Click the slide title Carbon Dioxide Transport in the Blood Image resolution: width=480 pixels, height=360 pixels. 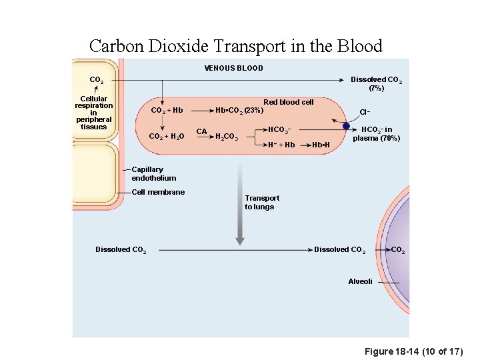[x=236, y=46]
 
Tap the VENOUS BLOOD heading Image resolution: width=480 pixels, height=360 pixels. [x=233, y=68]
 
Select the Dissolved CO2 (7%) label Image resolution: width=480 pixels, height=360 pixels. [x=376, y=83]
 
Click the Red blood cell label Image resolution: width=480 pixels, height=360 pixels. [x=288, y=102]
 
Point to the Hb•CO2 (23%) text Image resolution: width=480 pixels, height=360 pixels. [x=239, y=110]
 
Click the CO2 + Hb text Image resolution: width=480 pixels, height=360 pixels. [x=167, y=110]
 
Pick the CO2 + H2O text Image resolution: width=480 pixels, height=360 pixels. [x=167, y=136]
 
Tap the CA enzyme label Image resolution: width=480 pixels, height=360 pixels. [x=201, y=131]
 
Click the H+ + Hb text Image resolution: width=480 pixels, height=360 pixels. [x=281, y=145]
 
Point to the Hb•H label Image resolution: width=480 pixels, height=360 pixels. [x=321, y=145]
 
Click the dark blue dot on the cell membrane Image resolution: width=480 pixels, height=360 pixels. [x=346, y=125]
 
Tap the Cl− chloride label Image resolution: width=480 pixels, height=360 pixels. [x=365, y=112]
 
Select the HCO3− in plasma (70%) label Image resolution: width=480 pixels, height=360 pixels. [x=377, y=134]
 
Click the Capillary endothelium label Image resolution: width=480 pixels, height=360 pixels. [x=154, y=174]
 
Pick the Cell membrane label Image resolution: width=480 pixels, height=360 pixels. [x=158, y=192]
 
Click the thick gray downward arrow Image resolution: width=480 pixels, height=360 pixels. [x=239, y=207]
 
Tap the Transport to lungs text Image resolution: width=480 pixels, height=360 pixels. [x=262, y=202]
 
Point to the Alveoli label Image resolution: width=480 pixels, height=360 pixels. [x=360, y=281]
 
